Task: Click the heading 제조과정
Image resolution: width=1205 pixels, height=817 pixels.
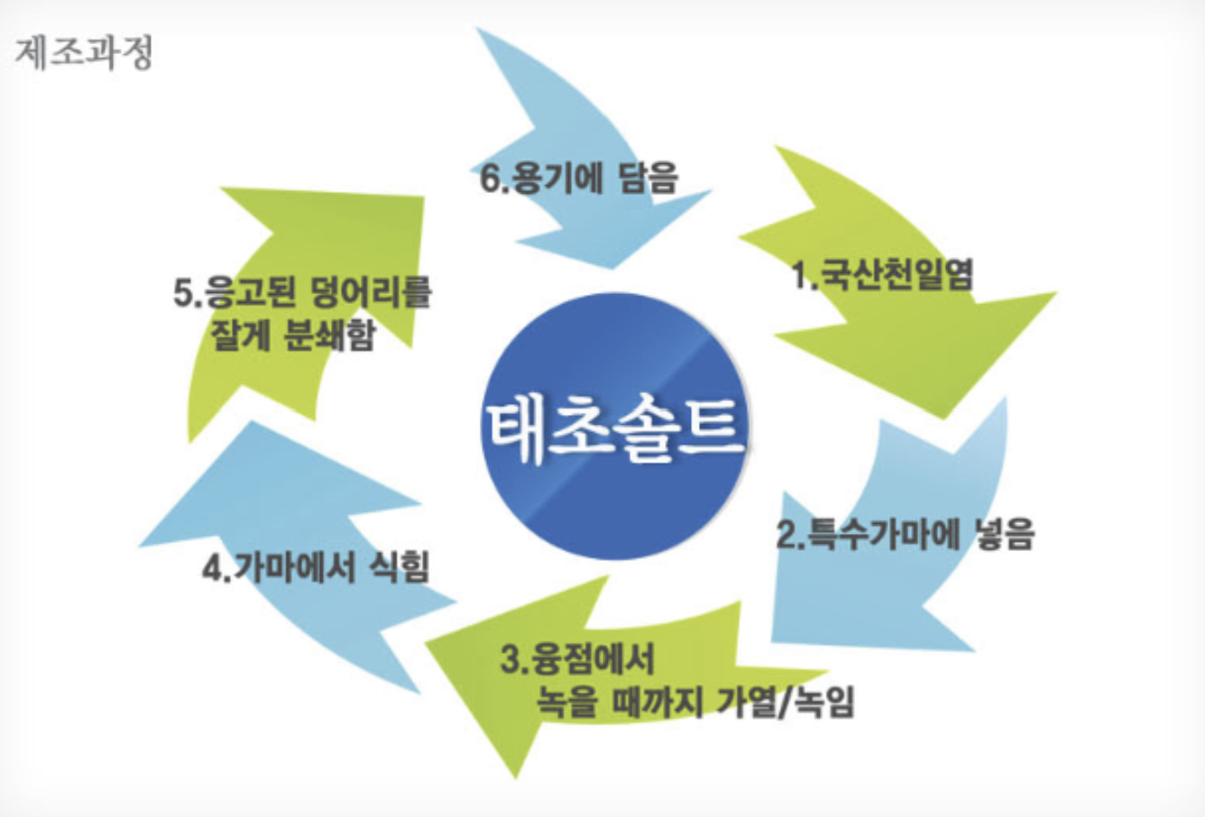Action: coord(84,51)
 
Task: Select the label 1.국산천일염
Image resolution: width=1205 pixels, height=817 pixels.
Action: coord(882,273)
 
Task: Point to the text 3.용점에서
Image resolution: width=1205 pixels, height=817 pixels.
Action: coord(577,659)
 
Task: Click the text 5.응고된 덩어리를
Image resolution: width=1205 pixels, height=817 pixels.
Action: coord(302,293)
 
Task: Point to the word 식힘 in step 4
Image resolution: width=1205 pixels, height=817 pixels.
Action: coord(400,568)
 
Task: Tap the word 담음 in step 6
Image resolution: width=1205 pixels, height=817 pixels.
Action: coord(648,178)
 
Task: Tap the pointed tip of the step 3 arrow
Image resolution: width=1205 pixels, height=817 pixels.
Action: coord(517,776)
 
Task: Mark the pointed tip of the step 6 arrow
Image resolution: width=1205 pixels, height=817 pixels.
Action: coord(613,268)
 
